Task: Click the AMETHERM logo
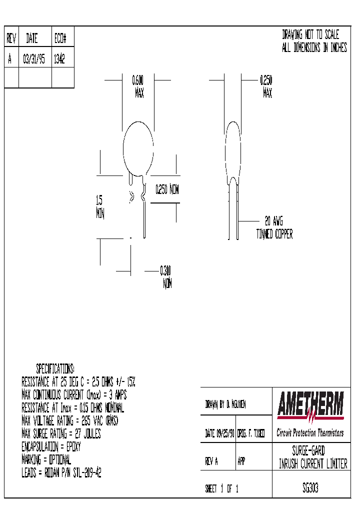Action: (x=310, y=406)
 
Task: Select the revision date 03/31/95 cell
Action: (x=34, y=59)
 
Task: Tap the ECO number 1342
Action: (x=59, y=59)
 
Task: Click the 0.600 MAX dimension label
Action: (x=138, y=86)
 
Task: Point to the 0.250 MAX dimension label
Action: (x=266, y=86)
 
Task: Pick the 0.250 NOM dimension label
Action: (x=166, y=190)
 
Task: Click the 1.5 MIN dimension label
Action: (x=99, y=206)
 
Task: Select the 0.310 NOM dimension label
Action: (x=166, y=277)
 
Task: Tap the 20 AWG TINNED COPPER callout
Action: (x=274, y=227)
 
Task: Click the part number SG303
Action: (x=310, y=488)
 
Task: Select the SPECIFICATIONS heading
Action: (x=55, y=369)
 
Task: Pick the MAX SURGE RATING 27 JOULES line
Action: (x=61, y=434)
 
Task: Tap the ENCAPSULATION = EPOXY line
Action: (x=51, y=447)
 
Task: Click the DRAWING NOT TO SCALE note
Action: (x=310, y=35)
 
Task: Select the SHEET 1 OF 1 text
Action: (x=221, y=489)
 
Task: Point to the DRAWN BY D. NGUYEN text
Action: (x=225, y=404)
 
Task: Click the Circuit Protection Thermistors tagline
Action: (x=310, y=433)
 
